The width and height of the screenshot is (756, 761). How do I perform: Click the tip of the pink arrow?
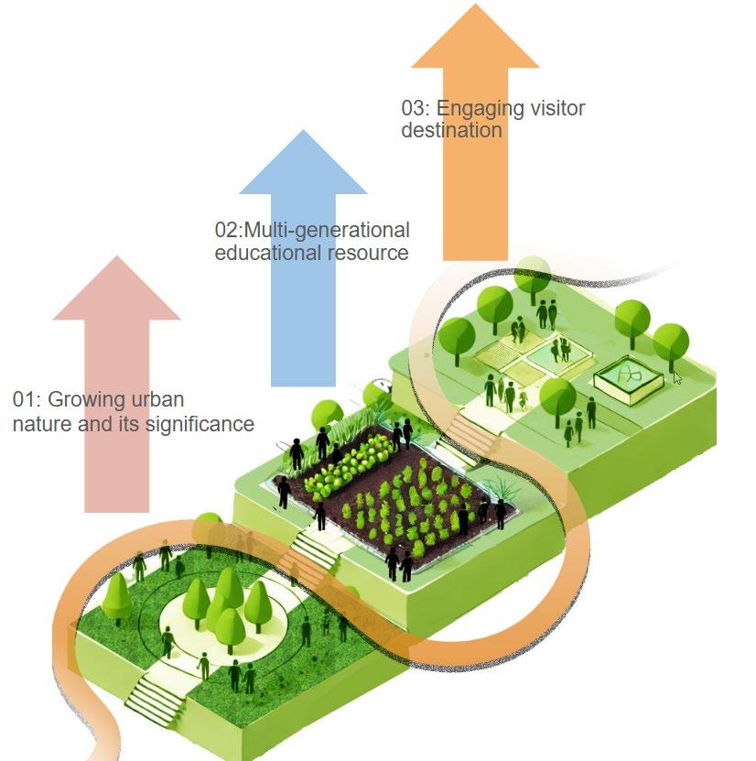click(116, 258)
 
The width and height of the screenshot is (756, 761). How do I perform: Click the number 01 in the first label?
click(25, 400)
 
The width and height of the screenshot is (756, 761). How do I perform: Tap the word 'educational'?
click(261, 253)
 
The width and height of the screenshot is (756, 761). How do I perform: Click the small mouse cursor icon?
click(678, 377)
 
